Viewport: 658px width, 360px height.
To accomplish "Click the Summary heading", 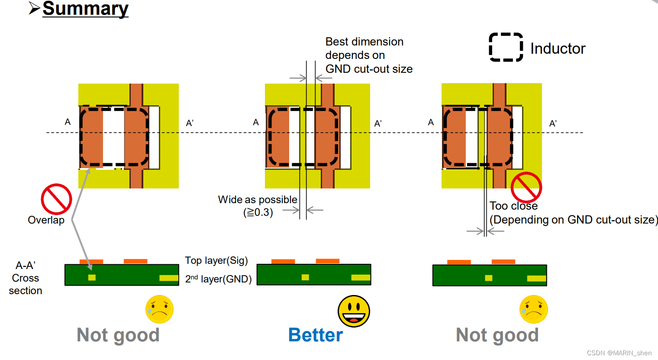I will click(x=85, y=9).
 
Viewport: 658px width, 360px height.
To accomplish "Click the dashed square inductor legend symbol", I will click(x=506, y=47).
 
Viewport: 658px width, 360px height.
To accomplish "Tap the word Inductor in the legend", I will click(x=558, y=49).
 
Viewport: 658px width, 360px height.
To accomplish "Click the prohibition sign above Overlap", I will click(x=56, y=199).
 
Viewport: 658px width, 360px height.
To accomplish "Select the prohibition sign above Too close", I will click(x=526, y=188).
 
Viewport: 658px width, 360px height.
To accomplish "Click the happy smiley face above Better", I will click(x=354, y=311).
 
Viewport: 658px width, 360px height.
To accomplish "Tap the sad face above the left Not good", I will click(x=159, y=309).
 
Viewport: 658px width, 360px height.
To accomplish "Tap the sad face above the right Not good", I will click(x=533, y=309).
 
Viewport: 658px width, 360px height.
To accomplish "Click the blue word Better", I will click(x=315, y=335).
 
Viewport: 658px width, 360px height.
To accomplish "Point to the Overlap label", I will click(x=46, y=220).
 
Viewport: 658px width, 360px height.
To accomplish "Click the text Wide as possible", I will click(x=257, y=200).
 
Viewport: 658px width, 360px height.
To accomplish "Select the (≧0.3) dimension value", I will click(x=258, y=212).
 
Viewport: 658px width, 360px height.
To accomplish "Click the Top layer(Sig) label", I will click(x=216, y=260).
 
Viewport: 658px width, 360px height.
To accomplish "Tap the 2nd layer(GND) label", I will click(x=218, y=279).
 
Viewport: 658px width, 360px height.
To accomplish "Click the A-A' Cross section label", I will click(x=26, y=278).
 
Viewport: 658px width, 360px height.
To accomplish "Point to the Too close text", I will click(x=513, y=206).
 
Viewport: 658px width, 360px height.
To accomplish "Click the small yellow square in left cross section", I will click(x=92, y=277).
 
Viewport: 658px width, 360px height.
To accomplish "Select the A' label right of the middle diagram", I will click(x=377, y=123).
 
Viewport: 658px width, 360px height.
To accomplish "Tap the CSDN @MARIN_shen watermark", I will click(x=619, y=353).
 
